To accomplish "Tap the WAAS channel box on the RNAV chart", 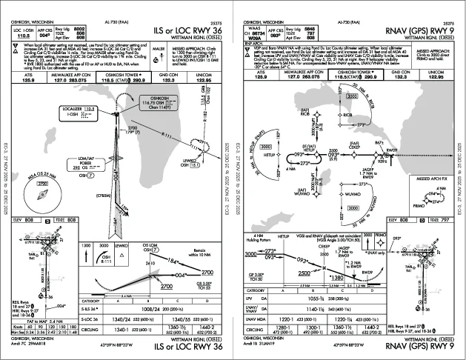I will point(255,32).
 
